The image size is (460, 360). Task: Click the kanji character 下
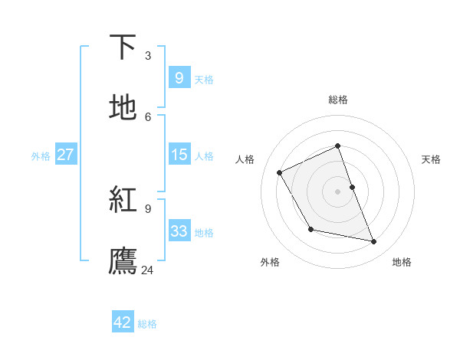pyautogui.click(x=123, y=47)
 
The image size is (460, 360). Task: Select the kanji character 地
pyautogui.click(x=123, y=108)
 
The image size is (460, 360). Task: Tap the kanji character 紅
pyautogui.click(x=123, y=200)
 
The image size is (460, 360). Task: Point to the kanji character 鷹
pyautogui.click(x=123, y=260)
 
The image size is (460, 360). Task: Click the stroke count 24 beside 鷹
pyautogui.click(x=148, y=270)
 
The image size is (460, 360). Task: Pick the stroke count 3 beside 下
pyautogui.click(x=148, y=55)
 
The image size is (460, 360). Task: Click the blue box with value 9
pyautogui.click(x=179, y=78)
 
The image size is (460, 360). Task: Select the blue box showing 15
pyautogui.click(x=179, y=155)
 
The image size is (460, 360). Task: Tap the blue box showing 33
pyautogui.click(x=179, y=231)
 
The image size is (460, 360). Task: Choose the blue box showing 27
pyautogui.click(x=65, y=155)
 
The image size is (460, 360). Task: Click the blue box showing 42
pyautogui.click(x=123, y=322)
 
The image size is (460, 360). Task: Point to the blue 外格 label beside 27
pyautogui.click(x=41, y=156)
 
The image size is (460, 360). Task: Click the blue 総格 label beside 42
pyautogui.click(x=147, y=324)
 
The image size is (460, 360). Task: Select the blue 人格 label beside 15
pyautogui.click(x=204, y=156)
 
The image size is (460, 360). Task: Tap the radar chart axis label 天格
pyautogui.click(x=431, y=159)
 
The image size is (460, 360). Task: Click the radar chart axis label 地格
pyautogui.click(x=402, y=262)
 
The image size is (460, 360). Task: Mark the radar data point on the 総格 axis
pyautogui.click(x=337, y=146)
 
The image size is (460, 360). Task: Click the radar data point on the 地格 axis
pyautogui.click(x=374, y=242)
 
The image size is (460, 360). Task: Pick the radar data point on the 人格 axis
pyautogui.click(x=280, y=172)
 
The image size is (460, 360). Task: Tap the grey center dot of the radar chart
pyautogui.click(x=337, y=191)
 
